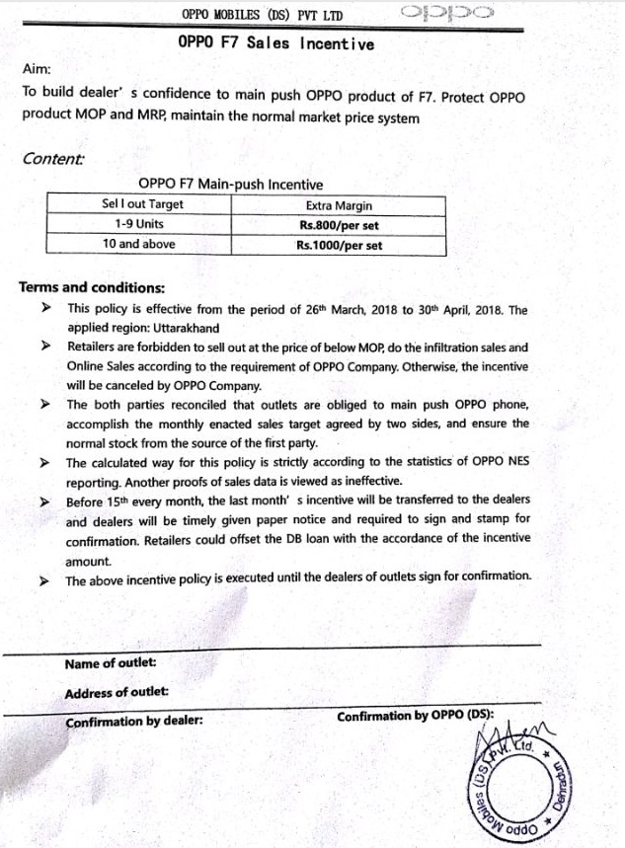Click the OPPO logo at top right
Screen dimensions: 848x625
[x=448, y=14]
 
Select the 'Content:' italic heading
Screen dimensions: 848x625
[x=52, y=158]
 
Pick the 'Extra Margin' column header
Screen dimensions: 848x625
[x=339, y=206]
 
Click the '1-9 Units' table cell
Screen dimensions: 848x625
[x=138, y=224]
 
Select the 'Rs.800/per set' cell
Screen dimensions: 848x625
[x=340, y=225]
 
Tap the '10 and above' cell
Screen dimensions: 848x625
[x=138, y=243]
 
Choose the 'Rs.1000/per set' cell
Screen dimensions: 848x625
[x=339, y=245]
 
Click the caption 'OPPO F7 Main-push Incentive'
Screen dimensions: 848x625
[x=230, y=184]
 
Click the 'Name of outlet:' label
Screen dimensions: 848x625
[x=110, y=663]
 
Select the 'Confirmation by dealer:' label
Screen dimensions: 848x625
[x=133, y=721]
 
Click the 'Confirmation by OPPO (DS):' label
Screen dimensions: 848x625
[x=416, y=716]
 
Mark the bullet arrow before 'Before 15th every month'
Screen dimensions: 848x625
[x=44, y=501]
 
